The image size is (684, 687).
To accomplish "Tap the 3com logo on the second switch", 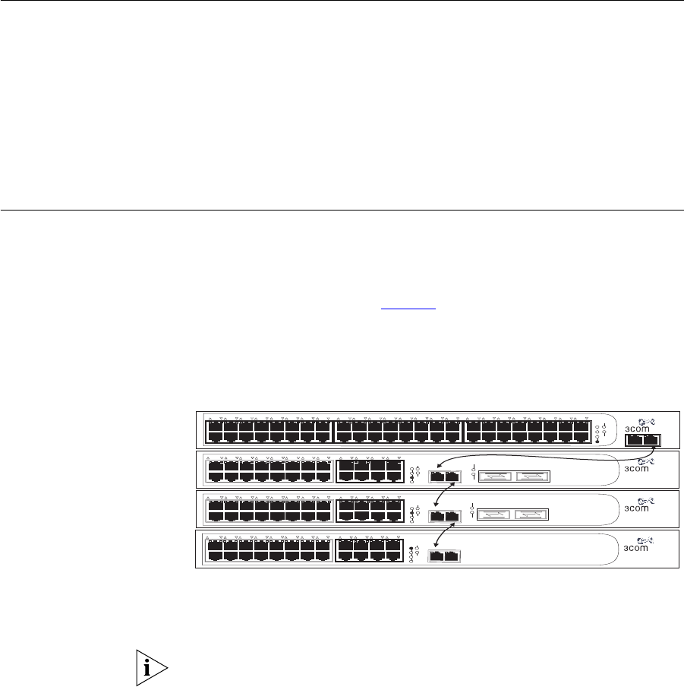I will (636, 468).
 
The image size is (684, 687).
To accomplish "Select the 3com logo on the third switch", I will (636, 507).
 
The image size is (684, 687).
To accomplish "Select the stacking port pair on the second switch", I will (445, 476).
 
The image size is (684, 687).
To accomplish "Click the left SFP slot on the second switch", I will (493, 476).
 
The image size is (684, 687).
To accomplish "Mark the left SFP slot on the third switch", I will (493, 515).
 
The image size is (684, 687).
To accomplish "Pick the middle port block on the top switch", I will (398, 431).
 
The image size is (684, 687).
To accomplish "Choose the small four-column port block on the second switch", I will (369, 470).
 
